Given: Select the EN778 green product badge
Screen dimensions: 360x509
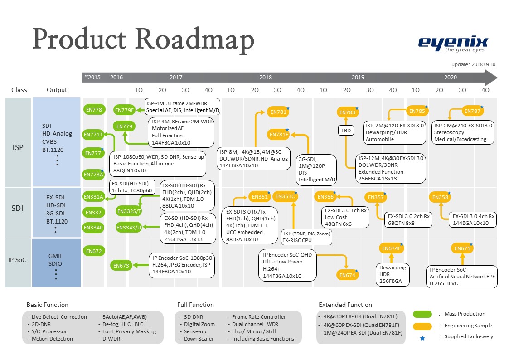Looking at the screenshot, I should coord(94,109).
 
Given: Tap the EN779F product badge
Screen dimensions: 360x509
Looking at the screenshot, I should coord(124,110).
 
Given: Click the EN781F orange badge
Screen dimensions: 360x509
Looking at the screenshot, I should coord(279,135).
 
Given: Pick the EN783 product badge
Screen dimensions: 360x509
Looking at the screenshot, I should coord(348,112).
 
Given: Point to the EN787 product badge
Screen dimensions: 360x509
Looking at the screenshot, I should coord(473,111).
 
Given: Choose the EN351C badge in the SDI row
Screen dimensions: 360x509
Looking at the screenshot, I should coord(285,196).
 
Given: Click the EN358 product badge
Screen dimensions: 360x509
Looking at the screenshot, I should coord(440,197).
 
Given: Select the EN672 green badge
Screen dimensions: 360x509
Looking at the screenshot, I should coord(94,251).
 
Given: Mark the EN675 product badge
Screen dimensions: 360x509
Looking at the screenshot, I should coord(462,248).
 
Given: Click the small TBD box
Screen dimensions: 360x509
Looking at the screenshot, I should coord(346,131).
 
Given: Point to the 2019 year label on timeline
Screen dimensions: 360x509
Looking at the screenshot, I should coord(358,78).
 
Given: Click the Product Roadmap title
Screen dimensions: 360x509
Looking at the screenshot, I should coord(143,39).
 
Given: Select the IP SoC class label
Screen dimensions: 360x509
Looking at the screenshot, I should coord(17,260).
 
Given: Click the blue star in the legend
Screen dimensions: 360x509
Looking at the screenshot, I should coord(422,337).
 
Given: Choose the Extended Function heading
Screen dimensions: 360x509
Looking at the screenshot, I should coord(345,305).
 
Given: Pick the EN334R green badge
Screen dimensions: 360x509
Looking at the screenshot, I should coord(94,227).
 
